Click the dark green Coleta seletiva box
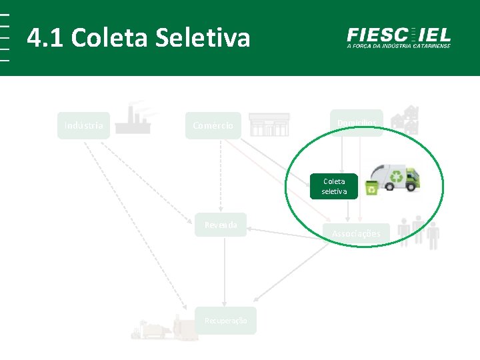pyautogui.click(x=334, y=186)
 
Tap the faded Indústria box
pyautogui.click(x=84, y=125)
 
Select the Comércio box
pyautogui.click(x=213, y=125)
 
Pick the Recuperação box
pyautogui.click(x=225, y=321)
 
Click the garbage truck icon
pyautogui.click(x=395, y=178)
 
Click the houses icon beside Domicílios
pyautogui.click(x=405, y=118)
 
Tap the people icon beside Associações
pyautogui.click(x=419, y=231)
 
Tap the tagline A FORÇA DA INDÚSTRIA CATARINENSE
pyautogui.click(x=399, y=46)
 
